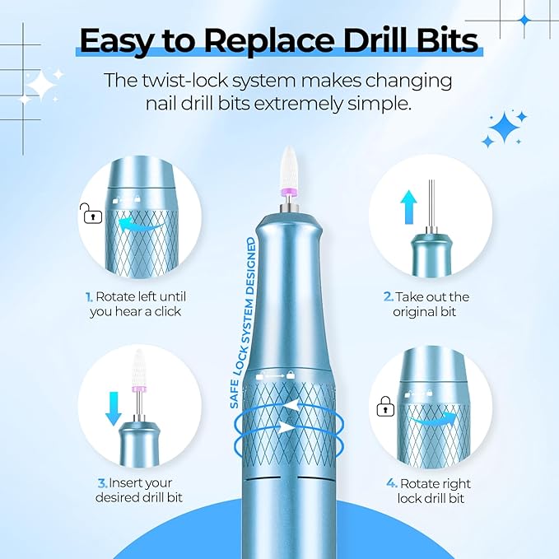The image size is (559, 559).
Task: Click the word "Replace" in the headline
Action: coord(269,42)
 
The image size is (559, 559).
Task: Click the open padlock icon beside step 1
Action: coord(91,213)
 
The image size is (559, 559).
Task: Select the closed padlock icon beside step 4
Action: coord(385,407)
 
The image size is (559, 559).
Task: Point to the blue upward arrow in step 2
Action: coord(408,207)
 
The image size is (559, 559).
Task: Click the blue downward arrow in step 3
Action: coord(114,408)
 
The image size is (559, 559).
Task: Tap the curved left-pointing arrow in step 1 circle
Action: coord(140,226)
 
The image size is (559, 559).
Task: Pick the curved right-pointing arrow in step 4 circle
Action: coord(433,418)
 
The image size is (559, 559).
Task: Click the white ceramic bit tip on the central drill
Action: coord(289,167)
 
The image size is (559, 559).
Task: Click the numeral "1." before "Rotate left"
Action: coord(89,296)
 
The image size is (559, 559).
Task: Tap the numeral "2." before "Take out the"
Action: coord(389,296)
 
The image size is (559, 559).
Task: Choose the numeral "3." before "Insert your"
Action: coord(103,483)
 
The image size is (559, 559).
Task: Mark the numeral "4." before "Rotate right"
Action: coord(392,483)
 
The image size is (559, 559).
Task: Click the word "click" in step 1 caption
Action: coord(168,311)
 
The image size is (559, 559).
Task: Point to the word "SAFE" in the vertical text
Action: coord(234,394)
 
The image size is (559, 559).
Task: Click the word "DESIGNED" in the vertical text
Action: coord(252,266)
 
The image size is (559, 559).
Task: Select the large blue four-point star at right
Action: coord(505,128)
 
